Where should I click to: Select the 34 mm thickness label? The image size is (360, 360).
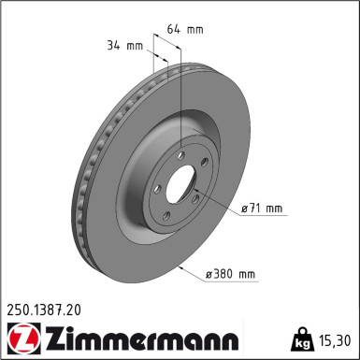point(124,43)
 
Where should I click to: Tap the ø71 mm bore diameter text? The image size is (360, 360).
point(261,209)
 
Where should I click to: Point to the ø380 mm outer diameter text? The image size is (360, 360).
point(230,274)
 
